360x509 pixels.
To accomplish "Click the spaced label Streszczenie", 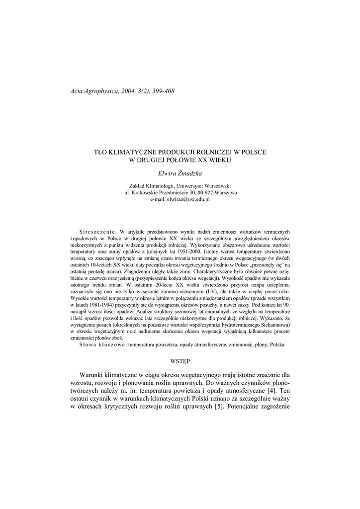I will tap(97, 232).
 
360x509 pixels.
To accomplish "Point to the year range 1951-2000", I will tap(194, 252).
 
